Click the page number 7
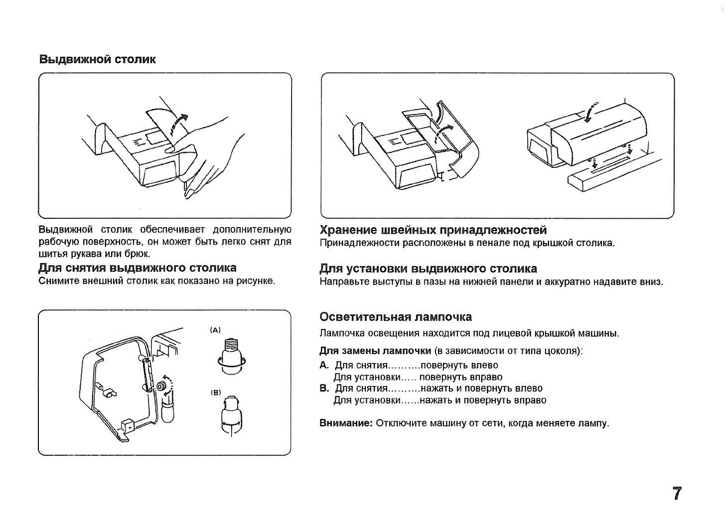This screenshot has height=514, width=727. point(677,493)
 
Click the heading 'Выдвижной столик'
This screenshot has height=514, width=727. point(98,60)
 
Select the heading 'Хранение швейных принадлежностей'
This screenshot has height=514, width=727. point(433,230)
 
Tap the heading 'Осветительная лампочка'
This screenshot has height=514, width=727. point(395,317)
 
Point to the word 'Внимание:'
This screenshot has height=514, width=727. point(346,424)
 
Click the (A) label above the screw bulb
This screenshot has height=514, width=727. point(215,330)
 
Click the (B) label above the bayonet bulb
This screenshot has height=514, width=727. point(215,392)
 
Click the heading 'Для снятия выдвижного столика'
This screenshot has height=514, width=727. point(138,268)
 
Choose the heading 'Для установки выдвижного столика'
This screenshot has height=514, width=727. point(428,269)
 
